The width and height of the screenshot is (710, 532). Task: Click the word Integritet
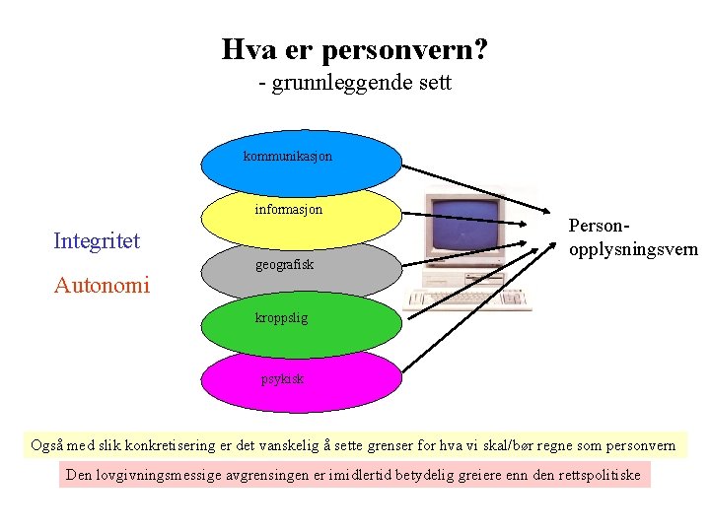tap(97, 240)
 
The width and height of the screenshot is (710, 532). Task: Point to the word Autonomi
tap(102, 286)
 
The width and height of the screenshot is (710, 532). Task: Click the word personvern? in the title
tap(406, 48)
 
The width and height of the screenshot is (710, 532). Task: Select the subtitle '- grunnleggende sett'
tap(355, 83)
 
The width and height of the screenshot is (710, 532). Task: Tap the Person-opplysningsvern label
tap(632, 236)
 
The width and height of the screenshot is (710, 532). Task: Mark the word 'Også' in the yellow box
tap(47, 445)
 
